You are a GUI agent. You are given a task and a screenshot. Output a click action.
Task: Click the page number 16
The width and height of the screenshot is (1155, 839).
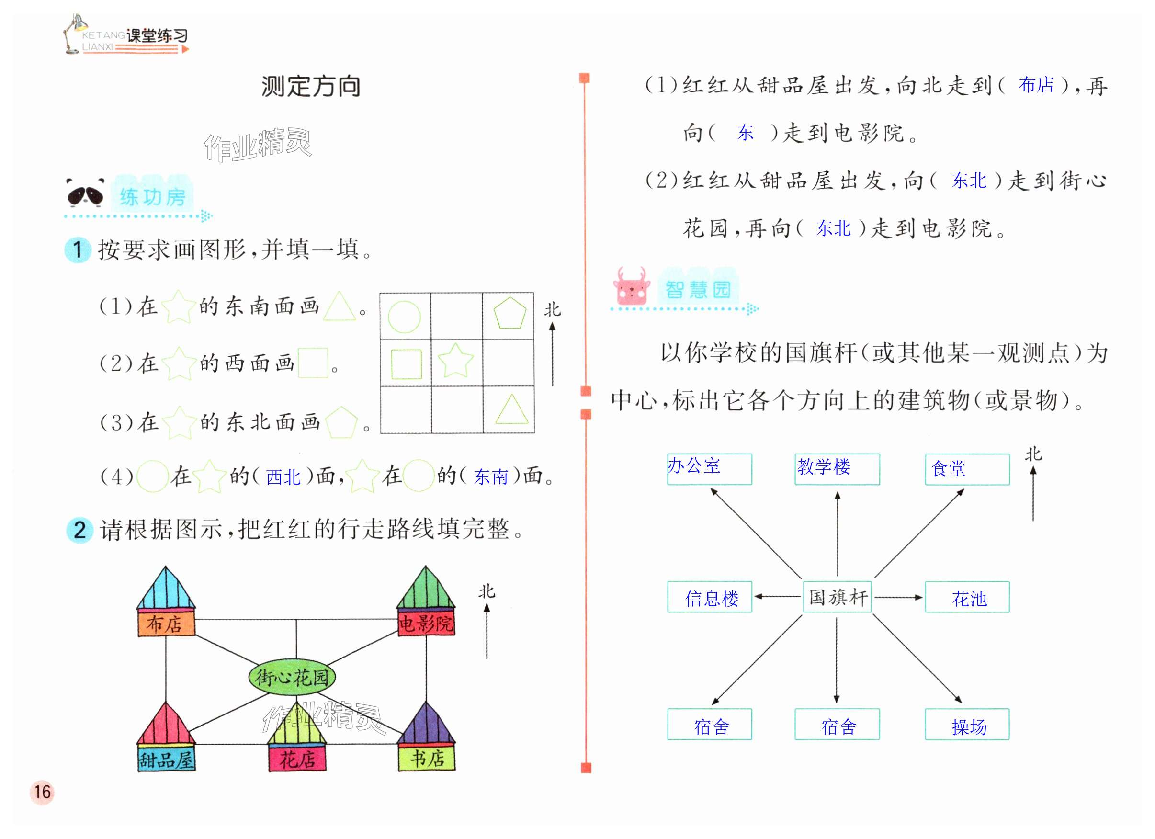[x=42, y=792]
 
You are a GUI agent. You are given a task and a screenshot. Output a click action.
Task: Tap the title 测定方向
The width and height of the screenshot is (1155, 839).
[x=311, y=86]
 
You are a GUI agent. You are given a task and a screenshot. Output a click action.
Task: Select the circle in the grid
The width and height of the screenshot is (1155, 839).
[x=404, y=317]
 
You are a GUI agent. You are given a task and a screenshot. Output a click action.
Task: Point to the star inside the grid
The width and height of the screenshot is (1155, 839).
[x=456, y=360]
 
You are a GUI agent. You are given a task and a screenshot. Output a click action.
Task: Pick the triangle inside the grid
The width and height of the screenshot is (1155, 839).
[x=511, y=409]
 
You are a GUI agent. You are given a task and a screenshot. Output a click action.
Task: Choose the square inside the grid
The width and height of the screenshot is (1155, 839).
[x=407, y=364]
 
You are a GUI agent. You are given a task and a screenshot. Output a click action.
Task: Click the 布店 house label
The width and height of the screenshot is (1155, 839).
[x=166, y=624]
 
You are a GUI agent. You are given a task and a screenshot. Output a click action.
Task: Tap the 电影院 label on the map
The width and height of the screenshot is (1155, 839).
[x=426, y=624]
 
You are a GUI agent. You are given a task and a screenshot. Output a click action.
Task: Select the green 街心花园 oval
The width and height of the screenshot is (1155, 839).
[x=292, y=678]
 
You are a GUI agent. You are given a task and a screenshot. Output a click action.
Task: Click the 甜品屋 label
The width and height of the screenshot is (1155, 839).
[x=166, y=760]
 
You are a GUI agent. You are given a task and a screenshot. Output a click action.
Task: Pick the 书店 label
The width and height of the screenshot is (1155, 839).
[x=427, y=759]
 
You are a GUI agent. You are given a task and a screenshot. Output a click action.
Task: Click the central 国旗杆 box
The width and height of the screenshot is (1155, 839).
[x=837, y=597]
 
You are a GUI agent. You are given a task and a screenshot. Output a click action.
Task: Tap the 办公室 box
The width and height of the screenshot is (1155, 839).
[x=709, y=469]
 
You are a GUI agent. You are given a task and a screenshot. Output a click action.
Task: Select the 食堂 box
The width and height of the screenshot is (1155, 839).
[x=967, y=469]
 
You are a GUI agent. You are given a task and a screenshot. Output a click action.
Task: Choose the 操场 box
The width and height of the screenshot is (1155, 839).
[x=967, y=725]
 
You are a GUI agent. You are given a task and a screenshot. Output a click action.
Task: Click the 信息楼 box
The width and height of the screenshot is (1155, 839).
[x=709, y=597]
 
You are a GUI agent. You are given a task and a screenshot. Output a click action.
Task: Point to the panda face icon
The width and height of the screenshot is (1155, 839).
[x=85, y=193]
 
